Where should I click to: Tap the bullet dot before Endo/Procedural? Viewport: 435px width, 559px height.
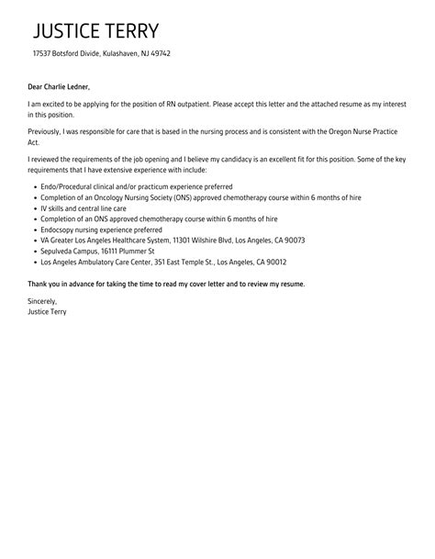tap(34, 186)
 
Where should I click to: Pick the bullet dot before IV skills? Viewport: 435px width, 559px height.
tap(34, 207)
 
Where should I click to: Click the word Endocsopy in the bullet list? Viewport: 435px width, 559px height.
tap(60, 229)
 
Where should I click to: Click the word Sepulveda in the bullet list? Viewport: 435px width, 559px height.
tap(60, 251)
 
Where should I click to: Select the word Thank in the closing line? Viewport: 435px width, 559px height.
tap(40, 285)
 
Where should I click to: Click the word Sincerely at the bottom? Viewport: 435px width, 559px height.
tap(43, 301)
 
